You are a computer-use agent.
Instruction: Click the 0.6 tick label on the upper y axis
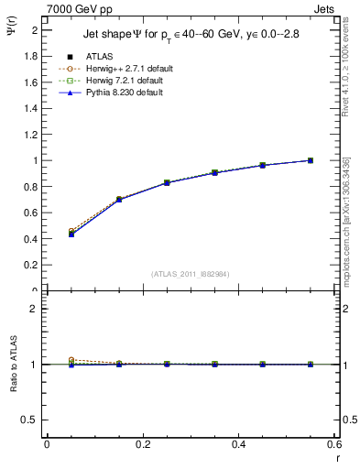coord(35,213)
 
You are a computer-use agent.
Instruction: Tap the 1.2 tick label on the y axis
coord(35,135)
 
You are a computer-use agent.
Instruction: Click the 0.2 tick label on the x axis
coord(142,444)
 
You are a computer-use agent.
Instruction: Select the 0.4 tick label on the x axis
coord(238,444)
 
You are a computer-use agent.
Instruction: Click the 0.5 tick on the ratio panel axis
coord(35,420)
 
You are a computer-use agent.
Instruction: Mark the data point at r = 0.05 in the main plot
coord(71,234)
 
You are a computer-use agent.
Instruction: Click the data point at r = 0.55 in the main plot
coord(311,160)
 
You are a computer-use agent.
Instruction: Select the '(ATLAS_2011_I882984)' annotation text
coord(191,273)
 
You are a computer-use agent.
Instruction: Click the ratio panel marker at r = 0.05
coord(71,364)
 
